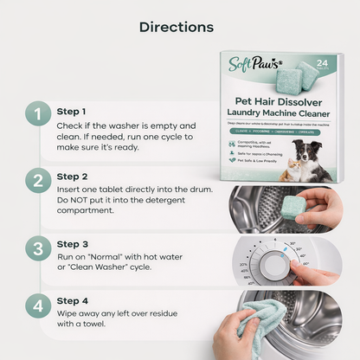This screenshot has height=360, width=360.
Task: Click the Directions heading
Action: pos(179,26)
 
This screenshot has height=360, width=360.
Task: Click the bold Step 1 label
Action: pos(72,112)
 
